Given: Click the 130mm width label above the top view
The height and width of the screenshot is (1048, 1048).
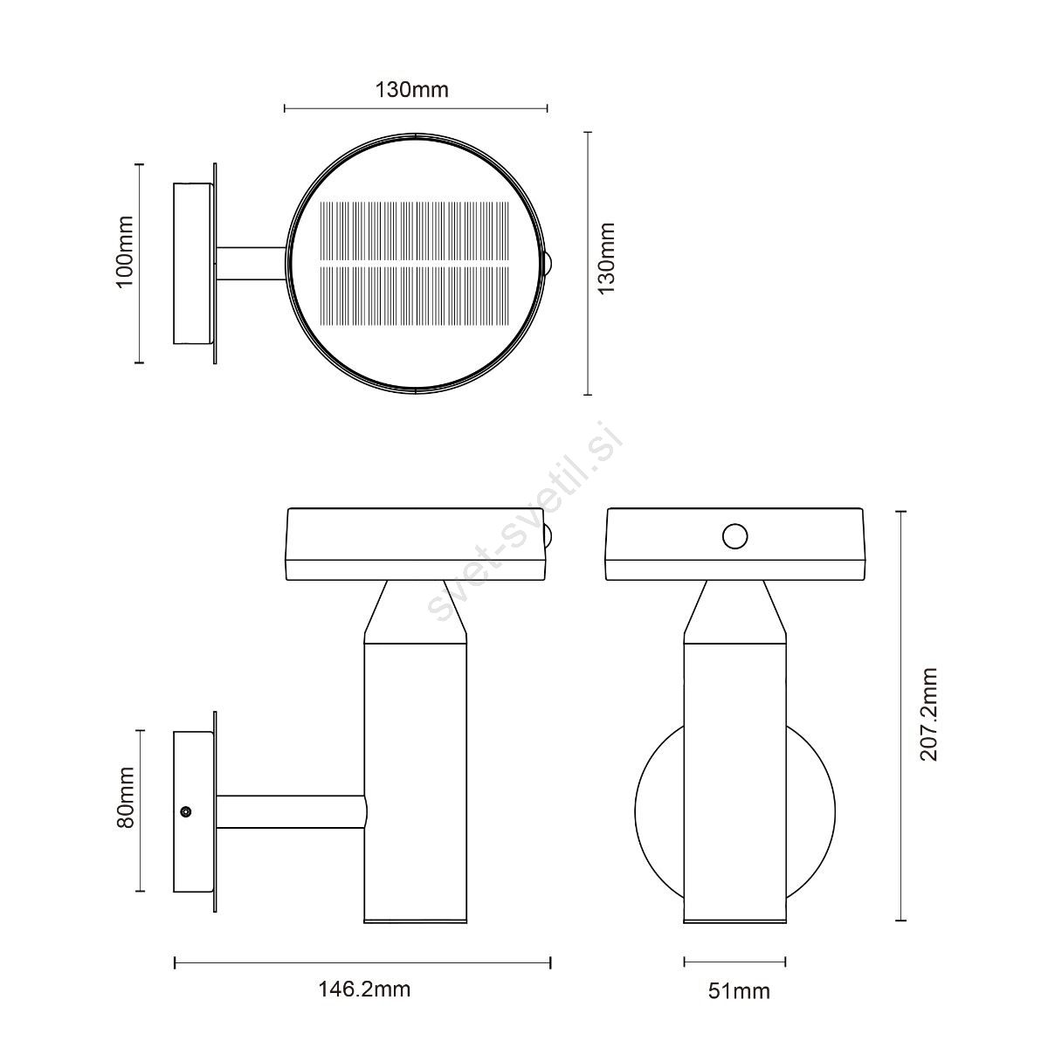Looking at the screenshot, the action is [x=411, y=90].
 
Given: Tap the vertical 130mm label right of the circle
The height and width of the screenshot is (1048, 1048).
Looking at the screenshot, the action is [x=606, y=259].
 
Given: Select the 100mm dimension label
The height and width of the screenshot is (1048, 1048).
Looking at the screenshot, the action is [x=126, y=252].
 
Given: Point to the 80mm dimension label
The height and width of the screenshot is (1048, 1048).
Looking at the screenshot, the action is [x=126, y=798].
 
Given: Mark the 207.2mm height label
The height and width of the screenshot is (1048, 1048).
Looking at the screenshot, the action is [x=928, y=714].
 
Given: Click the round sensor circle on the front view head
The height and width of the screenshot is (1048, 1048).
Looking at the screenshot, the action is [x=734, y=536].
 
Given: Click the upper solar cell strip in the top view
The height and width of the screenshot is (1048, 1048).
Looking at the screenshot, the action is [x=415, y=231].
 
